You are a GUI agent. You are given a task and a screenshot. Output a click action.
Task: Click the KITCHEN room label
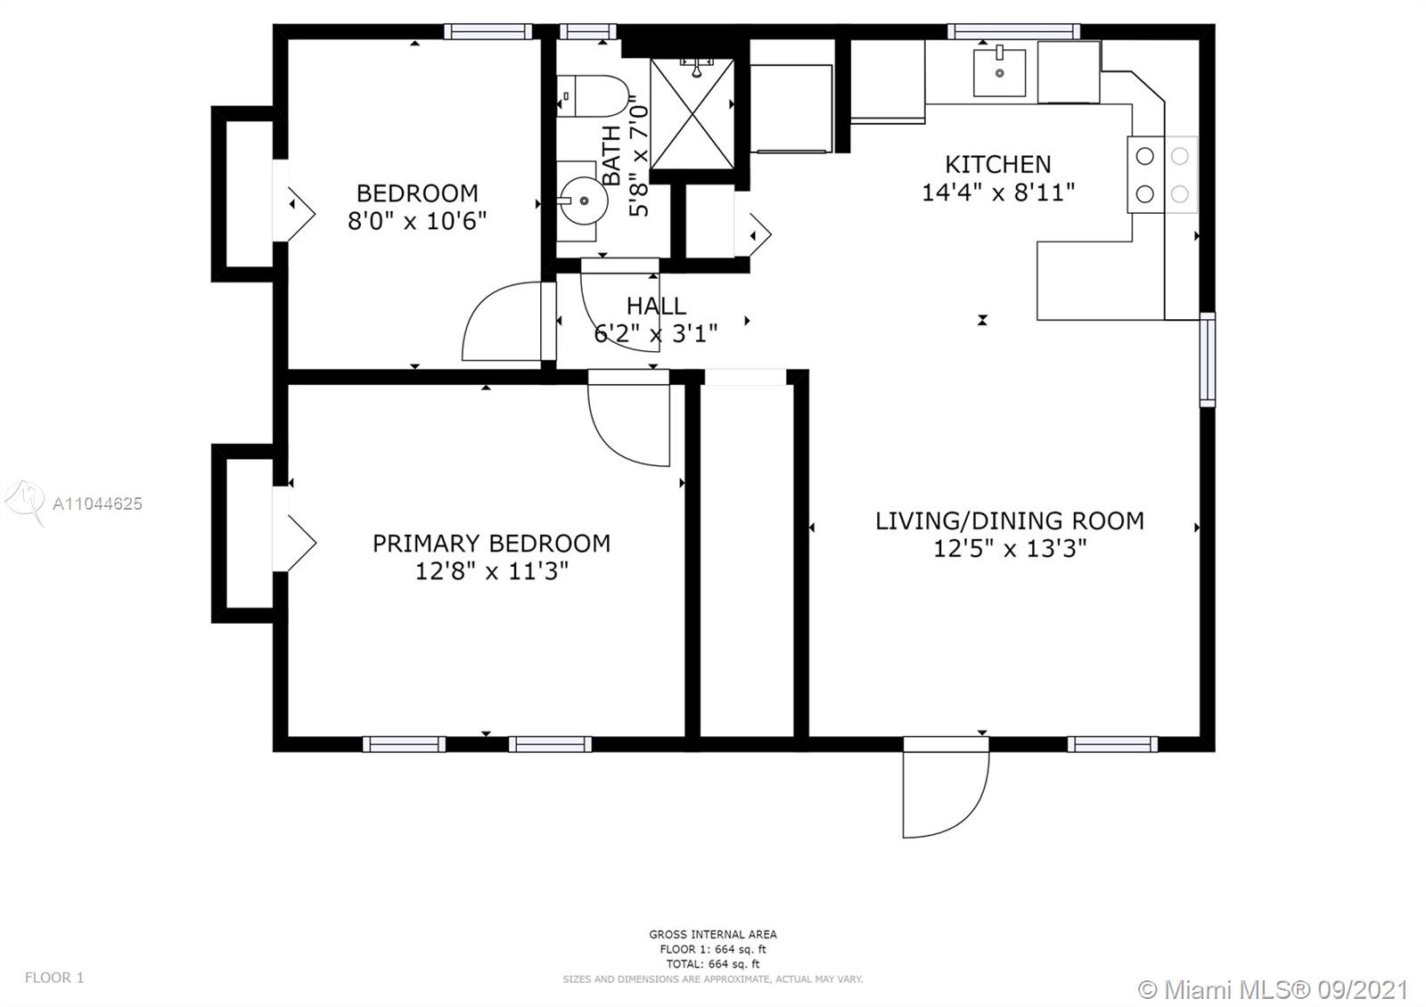pos(997,164)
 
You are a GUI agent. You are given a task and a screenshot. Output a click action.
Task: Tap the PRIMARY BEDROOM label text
pos(491,543)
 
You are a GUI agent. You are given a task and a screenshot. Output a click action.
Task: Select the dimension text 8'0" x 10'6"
pos(417,221)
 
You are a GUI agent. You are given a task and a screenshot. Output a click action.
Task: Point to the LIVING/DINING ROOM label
pos(1009,520)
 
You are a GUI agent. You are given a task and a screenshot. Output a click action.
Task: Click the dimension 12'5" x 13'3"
pos(1009,548)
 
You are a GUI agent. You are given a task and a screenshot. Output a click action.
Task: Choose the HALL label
pos(656,307)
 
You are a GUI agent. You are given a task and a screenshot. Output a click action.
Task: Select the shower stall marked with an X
pos(692,114)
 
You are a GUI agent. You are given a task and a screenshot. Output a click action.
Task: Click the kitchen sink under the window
pos(999,73)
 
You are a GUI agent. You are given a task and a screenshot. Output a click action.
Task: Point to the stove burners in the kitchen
pos(1162,175)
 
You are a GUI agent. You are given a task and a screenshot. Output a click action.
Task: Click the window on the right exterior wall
pos(1207,359)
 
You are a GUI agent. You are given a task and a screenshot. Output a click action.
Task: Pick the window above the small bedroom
pos(488,32)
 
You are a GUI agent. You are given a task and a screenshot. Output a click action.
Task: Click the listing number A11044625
pos(97,504)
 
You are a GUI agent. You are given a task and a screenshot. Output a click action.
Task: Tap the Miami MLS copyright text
pos(1273,989)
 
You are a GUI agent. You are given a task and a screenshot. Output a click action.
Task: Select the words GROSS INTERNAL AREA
pos(713,935)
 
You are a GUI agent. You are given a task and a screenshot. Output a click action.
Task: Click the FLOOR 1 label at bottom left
pos(54,977)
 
